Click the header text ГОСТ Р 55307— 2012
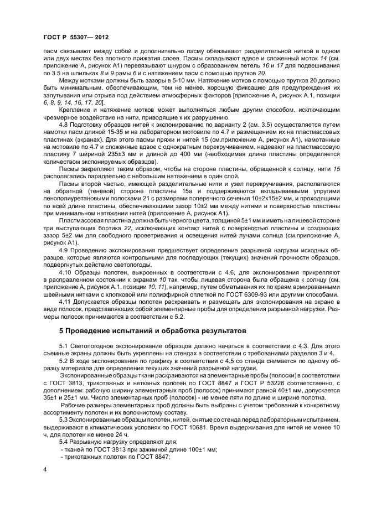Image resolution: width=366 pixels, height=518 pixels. click(75, 37)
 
